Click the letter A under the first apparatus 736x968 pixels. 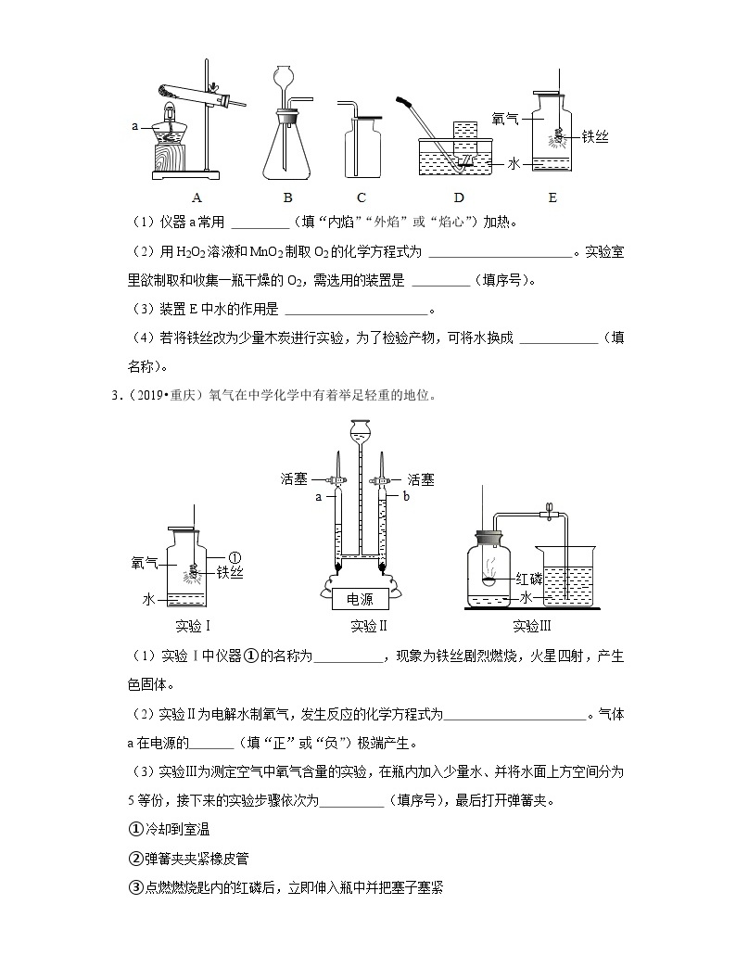(x=197, y=197)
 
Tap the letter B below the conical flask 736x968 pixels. (x=287, y=197)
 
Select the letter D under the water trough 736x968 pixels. (x=459, y=197)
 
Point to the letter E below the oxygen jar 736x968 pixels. (x=552, y=197)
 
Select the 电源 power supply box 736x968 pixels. (x=360, y=598)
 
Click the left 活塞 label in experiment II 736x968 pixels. (x=294, y=479)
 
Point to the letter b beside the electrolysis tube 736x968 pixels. (x=406, y=496)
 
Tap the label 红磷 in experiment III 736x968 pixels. (x=528, y=579)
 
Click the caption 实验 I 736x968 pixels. (x=193, y=626)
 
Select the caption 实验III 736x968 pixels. (x=532, y=626)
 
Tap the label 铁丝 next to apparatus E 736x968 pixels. (x=595, y=136)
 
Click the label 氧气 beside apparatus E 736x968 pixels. (x=504, y=119)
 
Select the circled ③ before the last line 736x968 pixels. (x=135, y=887)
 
